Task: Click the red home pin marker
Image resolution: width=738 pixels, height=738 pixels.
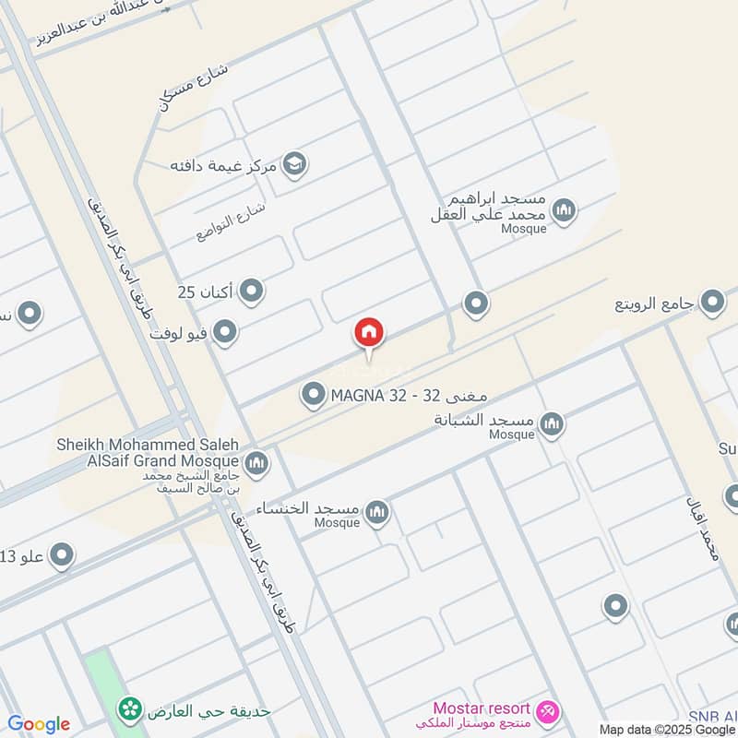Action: pyautogui.click(x=369, y=334)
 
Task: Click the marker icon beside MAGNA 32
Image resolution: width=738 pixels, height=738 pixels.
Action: pyautogui.click(x=314, y=397)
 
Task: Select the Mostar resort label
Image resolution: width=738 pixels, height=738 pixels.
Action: pyautogui.click(x=482, y=708)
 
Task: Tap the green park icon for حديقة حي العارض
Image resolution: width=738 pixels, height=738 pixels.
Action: pyautogui.click(x=130, y=708)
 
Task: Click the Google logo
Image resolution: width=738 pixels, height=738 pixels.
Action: pyautogui.click(x=39, y=724)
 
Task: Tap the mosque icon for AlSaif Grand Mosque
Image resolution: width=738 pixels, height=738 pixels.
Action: pyautogui.click(x=256, y=462)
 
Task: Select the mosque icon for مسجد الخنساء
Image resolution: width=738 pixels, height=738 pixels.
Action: pyautogui.click(x=376, y=512)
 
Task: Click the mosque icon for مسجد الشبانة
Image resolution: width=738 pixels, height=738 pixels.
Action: pyautogui.click(x=552, y=424)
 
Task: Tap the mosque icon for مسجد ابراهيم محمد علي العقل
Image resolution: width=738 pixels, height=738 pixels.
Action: pyautogui.click(x=564, y=210)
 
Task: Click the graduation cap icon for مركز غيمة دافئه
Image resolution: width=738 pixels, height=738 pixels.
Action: pyautogui.click(x=295, y=165)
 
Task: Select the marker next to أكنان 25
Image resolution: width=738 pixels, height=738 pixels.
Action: pyautogui.click(x=251, y=292)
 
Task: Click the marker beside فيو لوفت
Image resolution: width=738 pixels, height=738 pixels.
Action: pyautogui.click(x=224, y=331)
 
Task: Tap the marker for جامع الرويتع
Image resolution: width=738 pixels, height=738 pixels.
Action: pyautogui.click(x=712, y=302)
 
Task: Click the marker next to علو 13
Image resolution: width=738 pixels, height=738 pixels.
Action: pyautogui.click(x=62, y=555)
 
